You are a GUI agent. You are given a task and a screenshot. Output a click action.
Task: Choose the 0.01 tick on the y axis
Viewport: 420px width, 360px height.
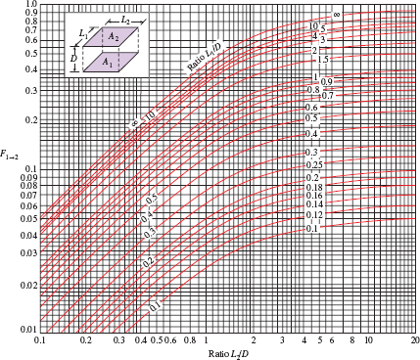point(27,330)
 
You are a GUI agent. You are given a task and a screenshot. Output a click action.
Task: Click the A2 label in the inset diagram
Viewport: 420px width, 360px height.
point(115,35)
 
